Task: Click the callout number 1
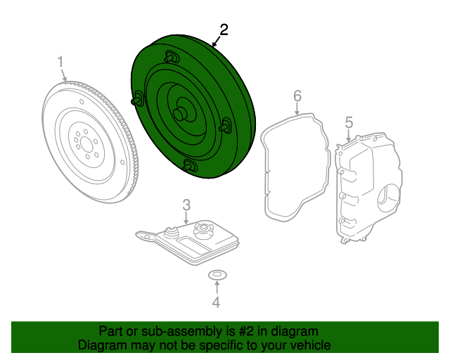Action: (x=61, y=63)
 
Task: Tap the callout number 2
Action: (x=224, y=30)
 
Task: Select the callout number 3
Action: (x=186, y=205)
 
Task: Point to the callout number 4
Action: (x=217, y=303)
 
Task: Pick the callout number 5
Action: (x=348, y=123)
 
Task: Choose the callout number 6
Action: (x=297, y=95)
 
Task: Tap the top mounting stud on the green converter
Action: (x=169, y=57)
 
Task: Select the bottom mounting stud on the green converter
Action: (x=188, y=166)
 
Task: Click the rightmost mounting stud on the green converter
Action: (x=227, y=127)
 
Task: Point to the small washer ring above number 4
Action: (x=217, y=274)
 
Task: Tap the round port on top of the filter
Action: (x=203, y=228)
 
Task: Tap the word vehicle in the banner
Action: (x=309, y=345)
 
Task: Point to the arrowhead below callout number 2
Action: (x=214, y=46)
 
